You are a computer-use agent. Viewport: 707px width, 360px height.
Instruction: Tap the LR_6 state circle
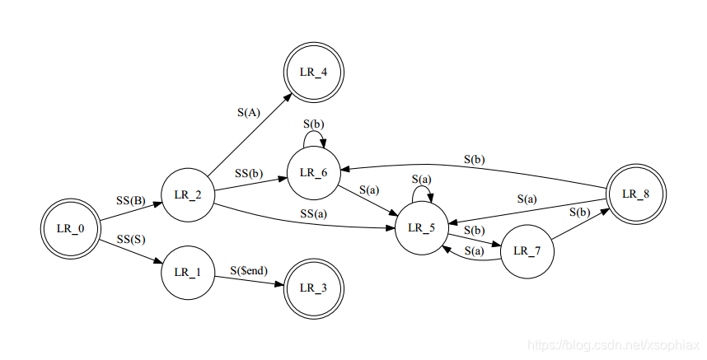point(312,172)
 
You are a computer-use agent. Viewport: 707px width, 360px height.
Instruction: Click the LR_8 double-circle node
point(634,194)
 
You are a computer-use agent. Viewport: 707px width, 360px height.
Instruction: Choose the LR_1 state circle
point(188,271)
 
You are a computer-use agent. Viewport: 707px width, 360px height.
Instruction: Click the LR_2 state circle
point(188,194)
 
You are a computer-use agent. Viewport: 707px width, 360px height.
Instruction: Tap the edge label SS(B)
point(130,199)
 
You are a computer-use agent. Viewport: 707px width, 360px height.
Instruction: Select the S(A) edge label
point(248,113)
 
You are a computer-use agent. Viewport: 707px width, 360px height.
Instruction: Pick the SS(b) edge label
point(248,174)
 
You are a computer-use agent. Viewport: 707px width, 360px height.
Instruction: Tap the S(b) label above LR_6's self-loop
point(314,124)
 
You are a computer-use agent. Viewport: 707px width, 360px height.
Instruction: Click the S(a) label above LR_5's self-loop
point(421,179)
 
